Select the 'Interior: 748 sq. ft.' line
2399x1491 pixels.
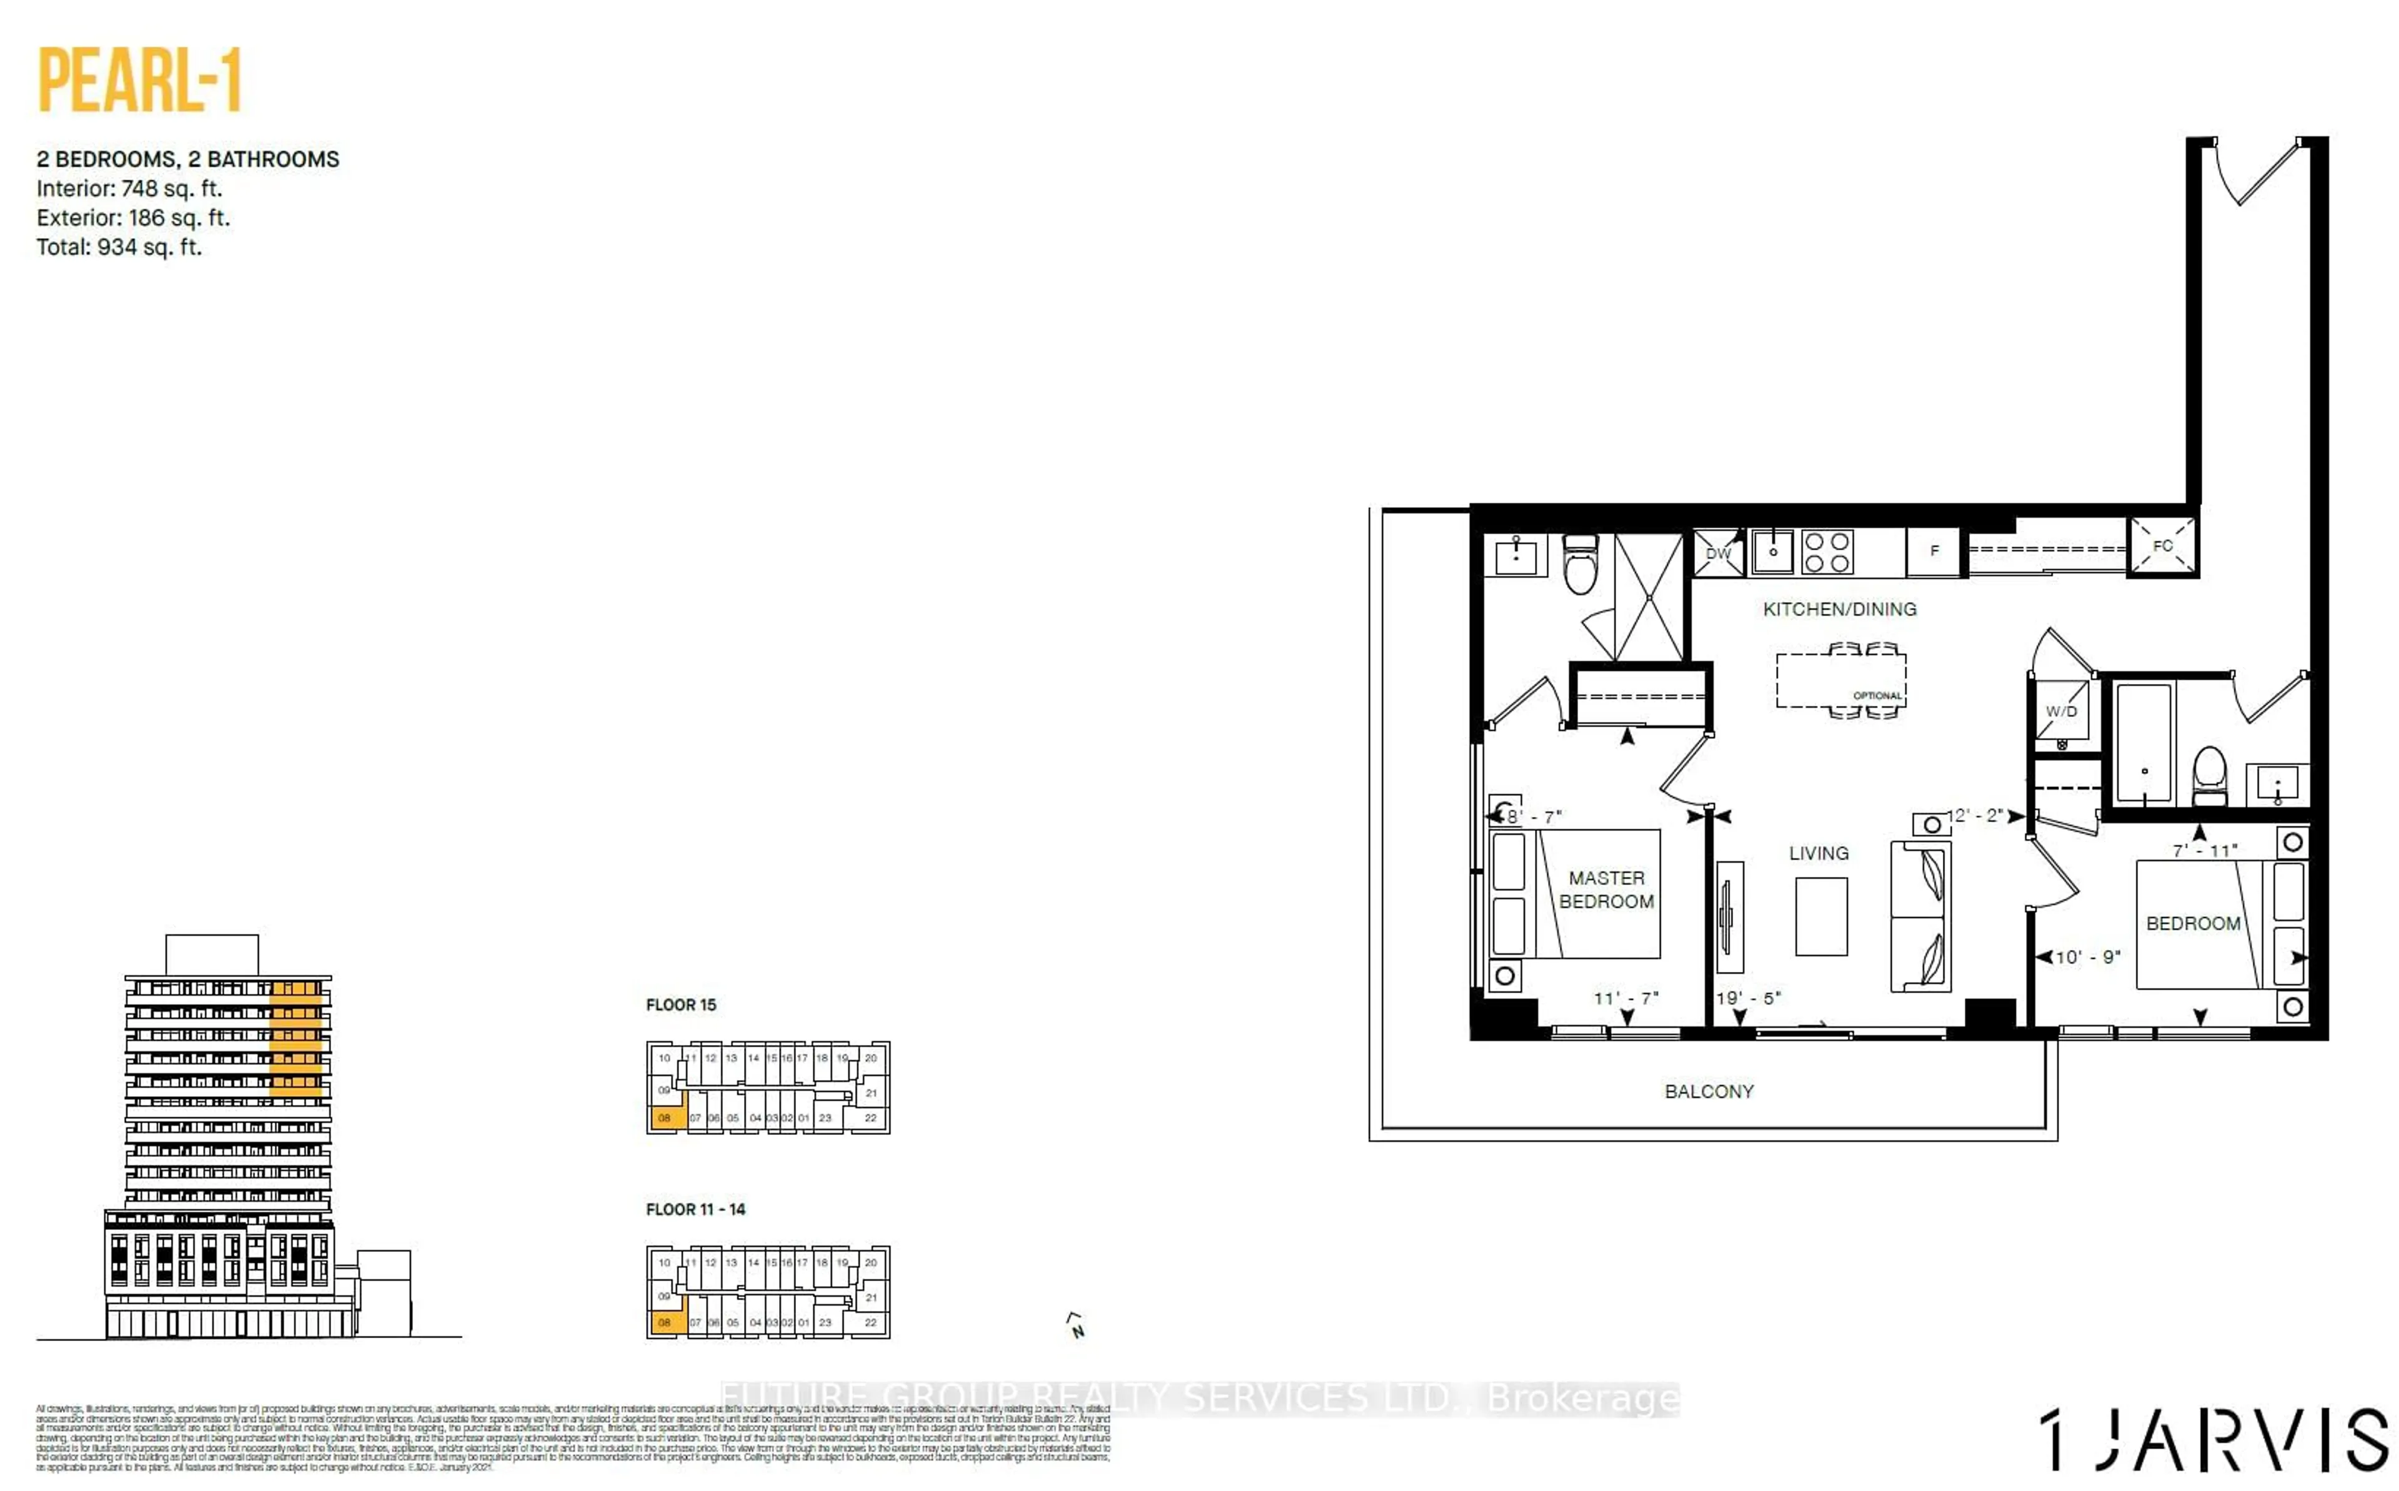click(x=129, y=189)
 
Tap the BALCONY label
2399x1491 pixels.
click(x=1709, y=1092)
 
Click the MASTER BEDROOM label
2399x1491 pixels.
click(x=1606, y=889)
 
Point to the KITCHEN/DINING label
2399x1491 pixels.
click(x=1839, y=610)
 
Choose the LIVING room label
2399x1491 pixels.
click(x=1818, y=853)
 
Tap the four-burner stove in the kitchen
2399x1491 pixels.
click(x=1826, y=552)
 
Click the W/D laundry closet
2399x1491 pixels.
click(x=2061, y=711)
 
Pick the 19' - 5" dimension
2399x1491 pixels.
click(x=1748, y=998)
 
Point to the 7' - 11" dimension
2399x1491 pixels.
click(x=2205, y=850)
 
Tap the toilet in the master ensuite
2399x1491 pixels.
click(x=1581, y=566)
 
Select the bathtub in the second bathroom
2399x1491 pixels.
click(x=2143, y=743)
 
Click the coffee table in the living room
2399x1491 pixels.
click(x=1820, y=916)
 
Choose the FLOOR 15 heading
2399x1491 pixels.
click(x=680, y=1005)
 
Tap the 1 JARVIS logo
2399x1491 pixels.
click(x=2212, y=1440)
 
